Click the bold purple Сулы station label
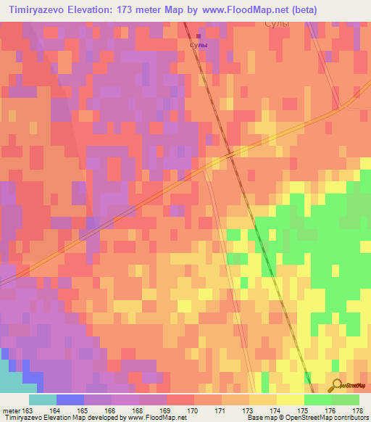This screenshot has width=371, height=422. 199,46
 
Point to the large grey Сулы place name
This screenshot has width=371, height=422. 277,24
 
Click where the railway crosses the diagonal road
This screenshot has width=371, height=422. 230,153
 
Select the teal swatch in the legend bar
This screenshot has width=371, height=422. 42,400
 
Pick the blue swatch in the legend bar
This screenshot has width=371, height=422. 70,400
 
